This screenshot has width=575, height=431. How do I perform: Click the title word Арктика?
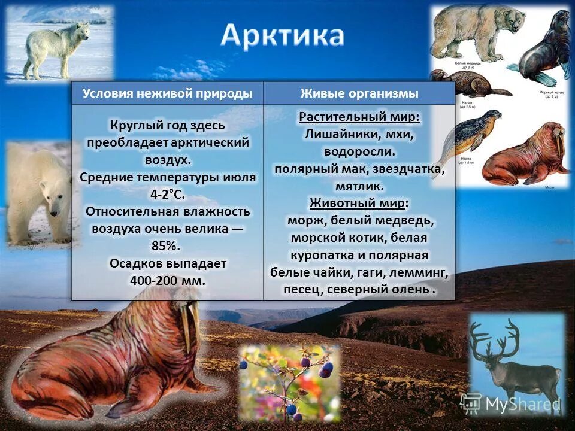(282, 36)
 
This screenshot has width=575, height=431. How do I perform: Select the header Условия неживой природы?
(167, 93)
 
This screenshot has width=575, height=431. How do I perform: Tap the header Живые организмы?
(359, 93)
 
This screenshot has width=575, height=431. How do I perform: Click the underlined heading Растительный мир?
(359, 117)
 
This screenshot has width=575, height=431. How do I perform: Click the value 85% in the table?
(167, 245)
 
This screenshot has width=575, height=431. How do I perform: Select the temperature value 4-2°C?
(167, 194)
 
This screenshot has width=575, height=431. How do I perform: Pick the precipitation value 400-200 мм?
(167, 280)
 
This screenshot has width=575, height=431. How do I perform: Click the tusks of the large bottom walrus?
(190, 326)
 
